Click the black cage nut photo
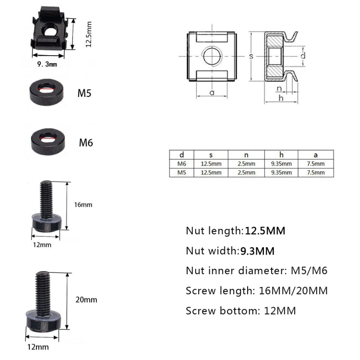(50, 34)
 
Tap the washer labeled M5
(46, 91)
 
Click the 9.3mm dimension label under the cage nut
(48, 64)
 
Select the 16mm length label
(84, 204)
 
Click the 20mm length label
(87, 300)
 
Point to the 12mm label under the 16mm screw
(42, 245)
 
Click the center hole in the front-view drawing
(212, 56)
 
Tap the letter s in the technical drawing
(251, 56)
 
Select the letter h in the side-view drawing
(281, 97)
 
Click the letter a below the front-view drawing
(212, 93)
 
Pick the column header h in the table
(281, 155)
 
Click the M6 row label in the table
(181, 164)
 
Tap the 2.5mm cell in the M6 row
(246, 164)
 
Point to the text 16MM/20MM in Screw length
(296, 290)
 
